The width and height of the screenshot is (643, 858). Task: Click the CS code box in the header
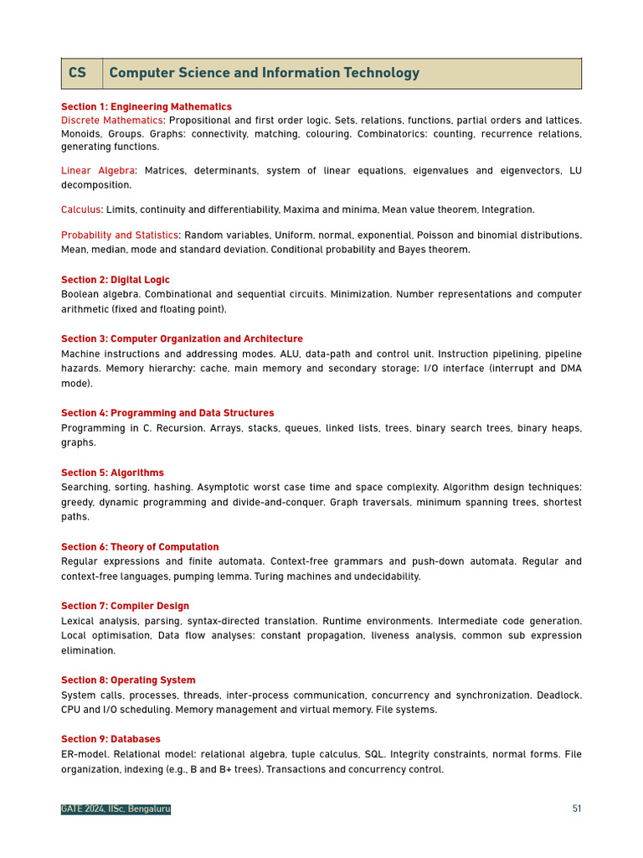(x=78, y=73)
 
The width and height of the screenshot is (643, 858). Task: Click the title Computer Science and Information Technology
(x=264, y=73)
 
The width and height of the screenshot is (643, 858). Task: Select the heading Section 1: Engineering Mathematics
(x=147, y=106)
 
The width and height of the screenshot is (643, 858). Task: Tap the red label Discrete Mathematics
(x=112, y=121)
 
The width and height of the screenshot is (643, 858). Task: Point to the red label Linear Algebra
(x=98, y=171)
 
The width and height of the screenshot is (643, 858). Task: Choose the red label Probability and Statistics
(x=120, y=235)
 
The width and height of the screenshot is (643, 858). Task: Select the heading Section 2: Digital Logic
(x=116, y=280)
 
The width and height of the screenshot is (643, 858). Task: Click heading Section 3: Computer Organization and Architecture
(x=182, y=339)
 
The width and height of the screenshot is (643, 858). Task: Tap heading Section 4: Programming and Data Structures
(x=167, y=413)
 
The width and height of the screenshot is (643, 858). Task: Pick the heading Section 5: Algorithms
(x=112, y=473)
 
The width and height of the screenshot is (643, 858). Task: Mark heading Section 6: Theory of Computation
(x=140, y=547)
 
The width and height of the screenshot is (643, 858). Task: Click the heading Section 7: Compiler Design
(x=125, y=606)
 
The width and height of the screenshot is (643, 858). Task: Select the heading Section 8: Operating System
(x=128, y=680)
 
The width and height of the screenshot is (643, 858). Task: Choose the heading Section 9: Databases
(x=111, y=739)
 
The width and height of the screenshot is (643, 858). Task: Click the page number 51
(x=577, y=809)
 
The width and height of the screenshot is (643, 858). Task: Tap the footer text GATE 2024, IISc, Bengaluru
(x=116, y=809)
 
